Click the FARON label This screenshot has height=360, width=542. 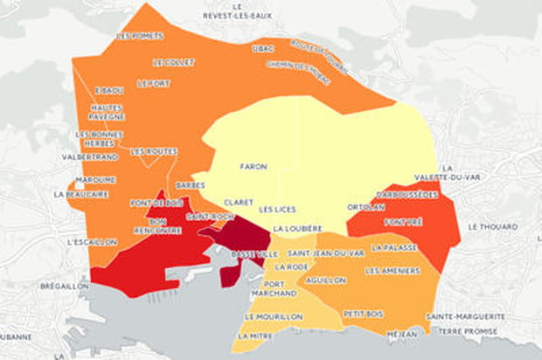click(x=253, y=166)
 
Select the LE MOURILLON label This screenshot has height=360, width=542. click(x=274, y=315)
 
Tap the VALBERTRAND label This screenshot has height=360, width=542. click(x=91, y=156)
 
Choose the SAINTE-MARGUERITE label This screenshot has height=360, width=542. click(x=465, y=315)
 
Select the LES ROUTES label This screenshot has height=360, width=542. click(x=153, y=150)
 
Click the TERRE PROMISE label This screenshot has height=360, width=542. click(x=468, y=331)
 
